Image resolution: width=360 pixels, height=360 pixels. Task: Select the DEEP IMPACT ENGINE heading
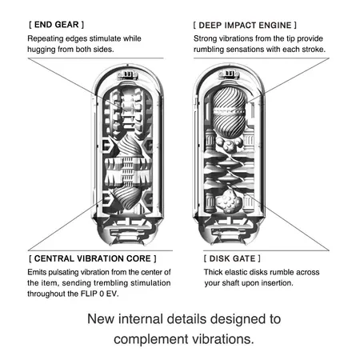[246, 24]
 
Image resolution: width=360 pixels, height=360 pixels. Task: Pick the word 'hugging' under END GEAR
[45, 50]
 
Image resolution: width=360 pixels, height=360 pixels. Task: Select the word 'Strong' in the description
[208, 38]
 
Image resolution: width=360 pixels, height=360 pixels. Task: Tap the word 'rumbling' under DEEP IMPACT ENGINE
[215, 50]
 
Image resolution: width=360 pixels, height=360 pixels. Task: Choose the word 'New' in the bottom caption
[102, 319]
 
